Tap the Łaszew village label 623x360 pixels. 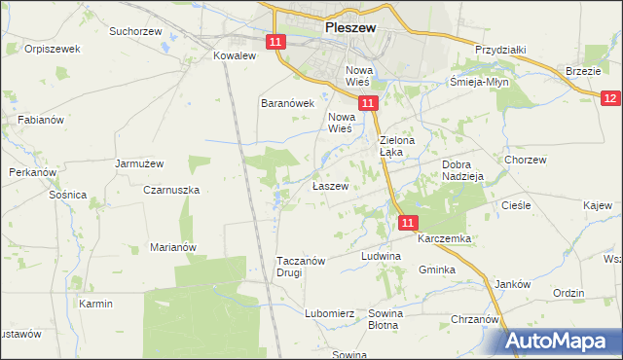(x=330, y=185)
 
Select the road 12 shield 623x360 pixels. (x=610, y=98)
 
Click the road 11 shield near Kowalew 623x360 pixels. (x=276, y=42)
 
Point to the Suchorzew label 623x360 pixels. (x=134, y=31)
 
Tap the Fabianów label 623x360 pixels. (x=41, y=120)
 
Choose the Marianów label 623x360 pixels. (x=173, y=247)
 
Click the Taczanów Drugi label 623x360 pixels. (x=304, y=267)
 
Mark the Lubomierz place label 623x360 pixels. (x=329, y=313)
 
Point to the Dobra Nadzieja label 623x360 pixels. (x=462, y=171)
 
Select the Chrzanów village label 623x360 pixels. (x=475, y=319)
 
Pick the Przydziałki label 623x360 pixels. (x=500, y=50)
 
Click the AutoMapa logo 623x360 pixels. (x=563, y=342)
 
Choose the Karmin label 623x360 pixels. (x=96, y=304)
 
